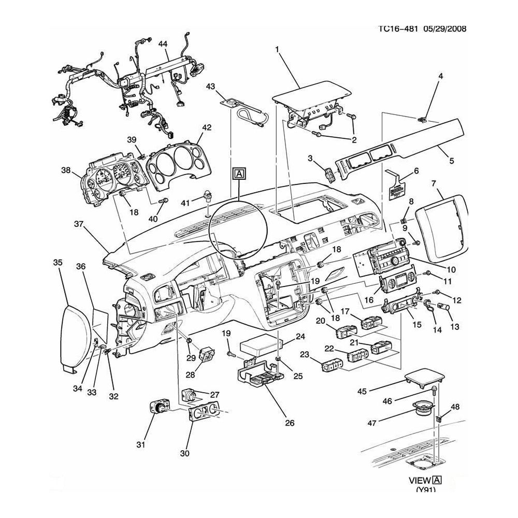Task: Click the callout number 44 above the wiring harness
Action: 164,45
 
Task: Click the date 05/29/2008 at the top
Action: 443,29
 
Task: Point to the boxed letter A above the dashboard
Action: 239,174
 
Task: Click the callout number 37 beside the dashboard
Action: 79,224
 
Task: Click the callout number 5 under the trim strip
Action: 451,161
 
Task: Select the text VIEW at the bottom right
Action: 420,479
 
